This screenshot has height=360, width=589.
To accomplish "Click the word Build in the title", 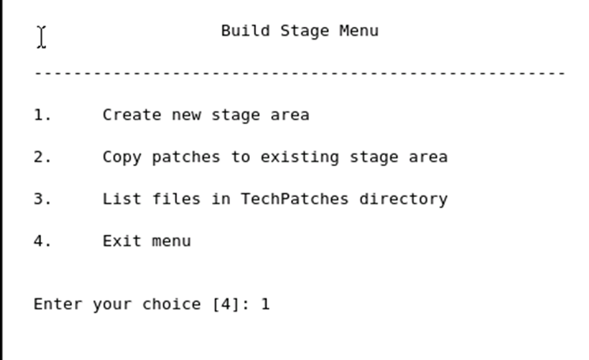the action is click(245, 31).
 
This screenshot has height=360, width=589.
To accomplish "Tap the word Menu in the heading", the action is click(359, 31).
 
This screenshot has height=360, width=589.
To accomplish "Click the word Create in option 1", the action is click(131, 115).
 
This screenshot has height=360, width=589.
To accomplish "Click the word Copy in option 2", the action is click(122, 157).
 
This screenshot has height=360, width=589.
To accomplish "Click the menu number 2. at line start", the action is click(42, 157).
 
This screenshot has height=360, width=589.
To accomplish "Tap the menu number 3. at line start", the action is click(42, 199).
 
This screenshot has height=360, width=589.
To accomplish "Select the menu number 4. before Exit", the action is click(42, 241).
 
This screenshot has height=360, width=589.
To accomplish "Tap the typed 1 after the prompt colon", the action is click(266, 304).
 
